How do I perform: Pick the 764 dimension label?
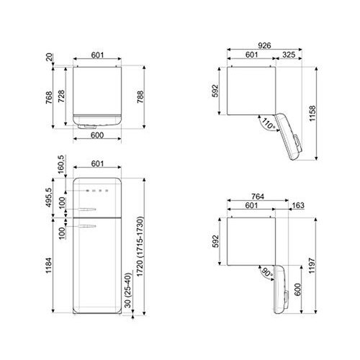coord(251,196)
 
